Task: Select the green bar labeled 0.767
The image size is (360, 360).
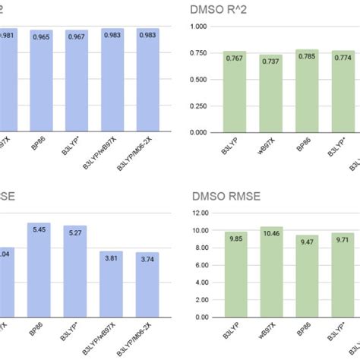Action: (235, 91)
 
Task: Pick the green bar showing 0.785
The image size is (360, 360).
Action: (307, 90)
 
